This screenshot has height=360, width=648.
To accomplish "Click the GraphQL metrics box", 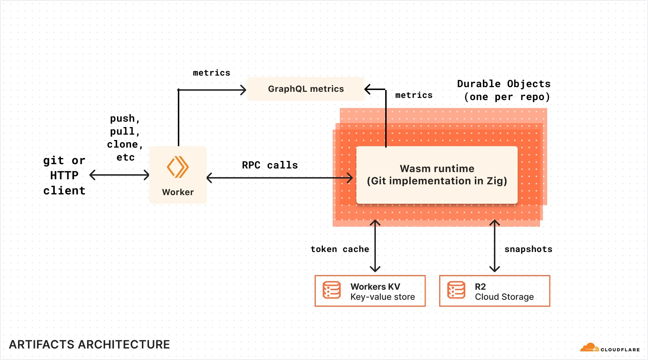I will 306,89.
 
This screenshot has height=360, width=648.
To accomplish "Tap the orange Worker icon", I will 178,167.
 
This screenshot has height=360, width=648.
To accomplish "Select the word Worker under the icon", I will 178,192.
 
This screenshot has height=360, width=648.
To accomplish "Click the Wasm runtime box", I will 437,175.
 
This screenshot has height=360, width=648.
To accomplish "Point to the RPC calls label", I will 270,165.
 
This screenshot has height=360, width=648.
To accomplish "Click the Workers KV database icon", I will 332,290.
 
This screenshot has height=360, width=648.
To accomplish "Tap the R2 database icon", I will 456,290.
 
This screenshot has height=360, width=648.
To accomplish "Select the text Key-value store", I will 382,297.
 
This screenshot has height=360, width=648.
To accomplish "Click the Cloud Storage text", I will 504,297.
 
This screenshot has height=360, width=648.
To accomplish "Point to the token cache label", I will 339,249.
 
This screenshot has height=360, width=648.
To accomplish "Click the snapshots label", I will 528,249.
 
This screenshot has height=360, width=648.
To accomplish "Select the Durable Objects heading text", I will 504,84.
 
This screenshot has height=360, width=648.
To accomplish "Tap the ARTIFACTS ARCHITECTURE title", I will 89,345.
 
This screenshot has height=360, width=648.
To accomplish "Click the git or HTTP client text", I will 64,175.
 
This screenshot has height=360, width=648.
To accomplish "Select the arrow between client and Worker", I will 119,175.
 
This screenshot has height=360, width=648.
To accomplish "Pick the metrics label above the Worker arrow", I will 211,73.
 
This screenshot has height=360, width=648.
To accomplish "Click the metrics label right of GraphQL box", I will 414,95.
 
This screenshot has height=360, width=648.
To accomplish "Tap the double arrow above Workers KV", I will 375,246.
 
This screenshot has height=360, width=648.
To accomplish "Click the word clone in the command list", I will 122,144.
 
